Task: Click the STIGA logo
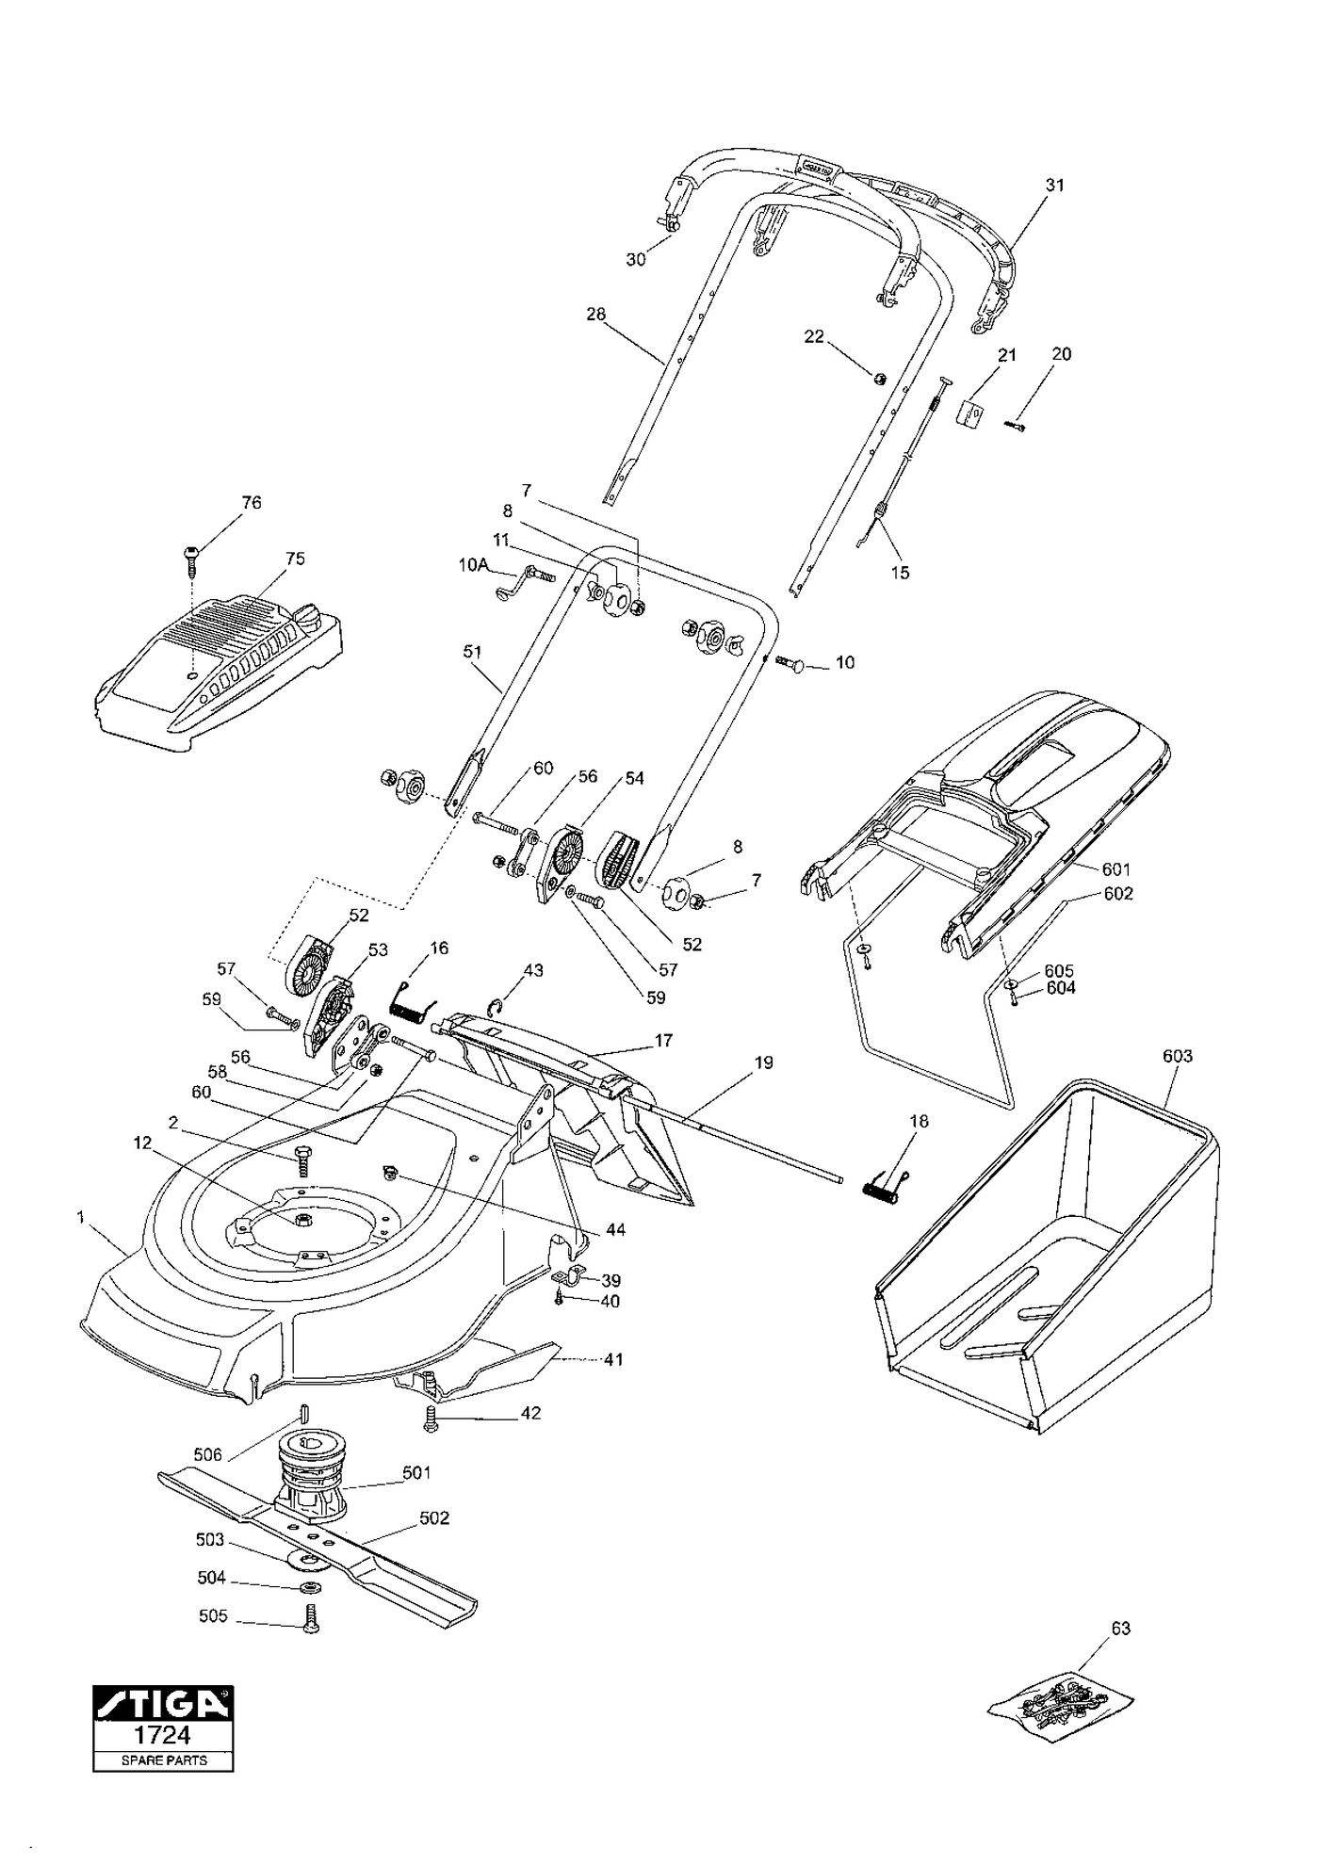(163, 1702)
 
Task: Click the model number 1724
(163, 1735)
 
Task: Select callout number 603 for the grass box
(1178, 1056)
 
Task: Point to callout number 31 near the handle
(1055, 185)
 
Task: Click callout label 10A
(474, 565)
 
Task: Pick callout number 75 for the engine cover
(295, 559)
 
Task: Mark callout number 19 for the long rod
(763, 1062)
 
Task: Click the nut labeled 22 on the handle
(877, 379)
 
